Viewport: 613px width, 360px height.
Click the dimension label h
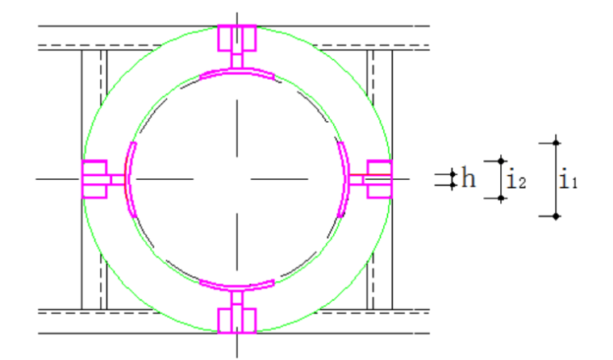coord(469,178)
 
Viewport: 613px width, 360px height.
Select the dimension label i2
coord(516,180)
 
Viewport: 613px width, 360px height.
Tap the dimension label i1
coord(568,179)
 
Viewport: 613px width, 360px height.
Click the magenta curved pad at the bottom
coord(237,287)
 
